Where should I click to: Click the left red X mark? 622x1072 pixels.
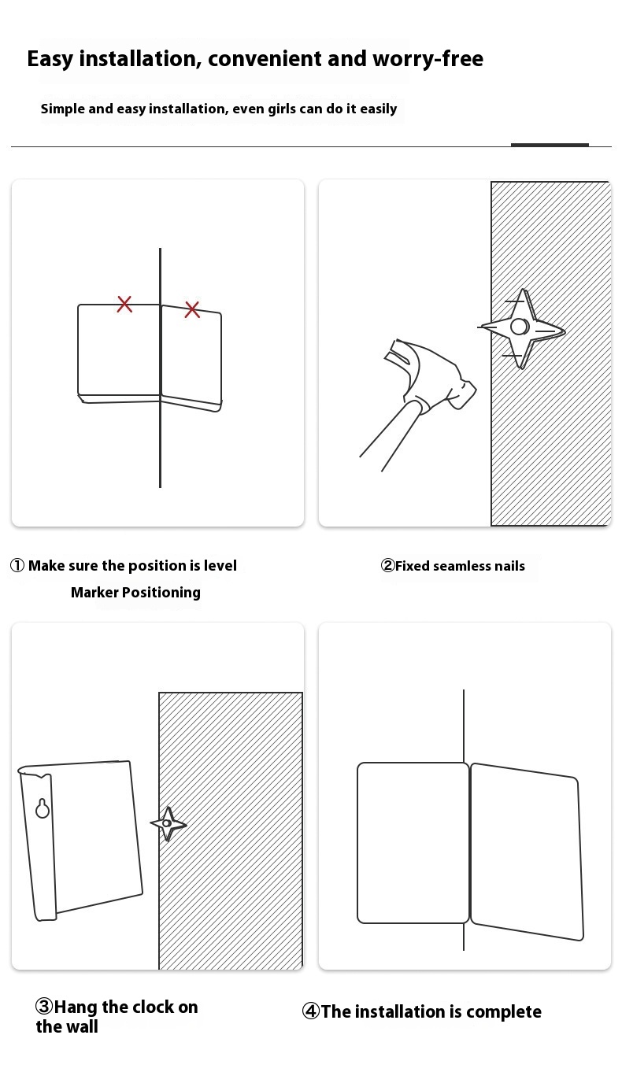tap(124, 304)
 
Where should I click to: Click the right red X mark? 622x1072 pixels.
tap(192, 309)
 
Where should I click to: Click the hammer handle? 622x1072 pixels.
tap(391, 435)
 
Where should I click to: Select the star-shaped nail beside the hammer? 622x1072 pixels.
tap(521, 328)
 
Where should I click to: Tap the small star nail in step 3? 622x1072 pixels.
tap(168, 823)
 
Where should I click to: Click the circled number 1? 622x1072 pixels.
tap(17, 566)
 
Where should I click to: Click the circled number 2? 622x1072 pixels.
tap(387, 566)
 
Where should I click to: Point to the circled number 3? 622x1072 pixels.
tap(44, 1007)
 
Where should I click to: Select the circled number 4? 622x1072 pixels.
tap(311, 1011)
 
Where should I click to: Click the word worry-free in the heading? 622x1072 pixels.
tap(428, 59)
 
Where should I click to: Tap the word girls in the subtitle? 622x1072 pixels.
tap(282, 109)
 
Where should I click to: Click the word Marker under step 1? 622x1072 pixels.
tap(94, 593)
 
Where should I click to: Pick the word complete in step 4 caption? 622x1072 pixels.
tap(504, 1012)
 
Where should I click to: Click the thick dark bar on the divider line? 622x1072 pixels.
tap(550, 145)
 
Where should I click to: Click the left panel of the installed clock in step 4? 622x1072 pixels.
tap(413, 843)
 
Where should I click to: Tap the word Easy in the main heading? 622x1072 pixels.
tap(50, 59)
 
